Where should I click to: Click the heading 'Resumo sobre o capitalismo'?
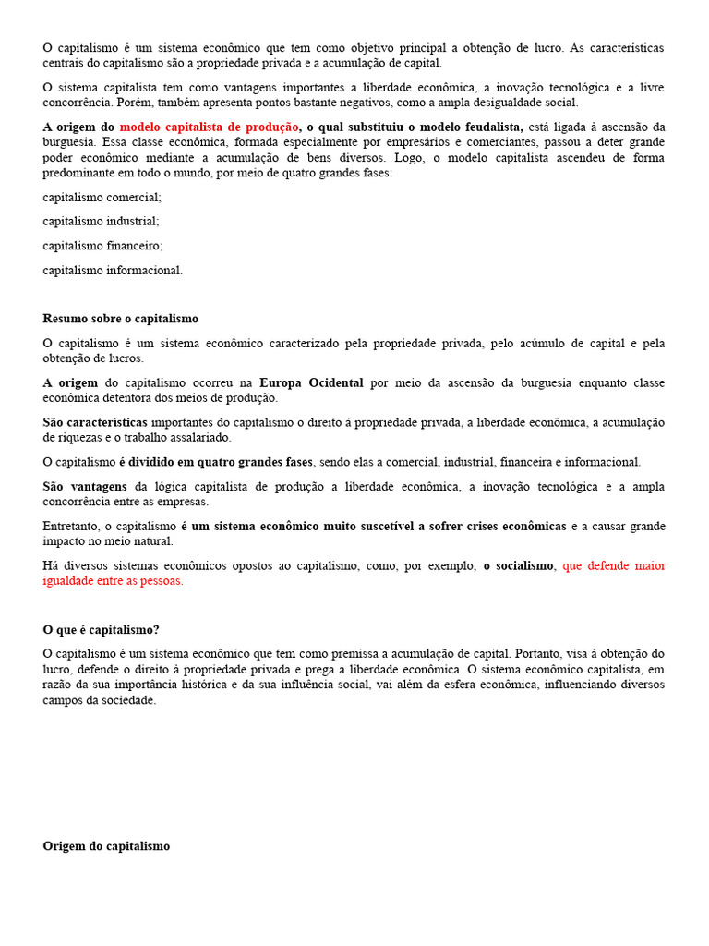[x=120, y=319]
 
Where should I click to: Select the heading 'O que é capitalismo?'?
[x=101, y=629]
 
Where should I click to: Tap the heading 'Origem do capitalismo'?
[x=106, y=845]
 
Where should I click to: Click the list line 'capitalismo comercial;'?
[x=102, y=198]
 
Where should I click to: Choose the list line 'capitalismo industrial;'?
[x=101, y=222]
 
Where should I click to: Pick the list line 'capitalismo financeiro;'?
[x=102, y=246]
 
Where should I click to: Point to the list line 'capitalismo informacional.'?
[x=113, y=271]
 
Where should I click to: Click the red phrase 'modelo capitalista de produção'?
[x=210, y=127]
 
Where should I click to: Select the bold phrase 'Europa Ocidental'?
[x=311, y=382]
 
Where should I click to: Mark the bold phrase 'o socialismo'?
[x=518, y=565]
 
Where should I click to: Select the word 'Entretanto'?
[x=71, y=526]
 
